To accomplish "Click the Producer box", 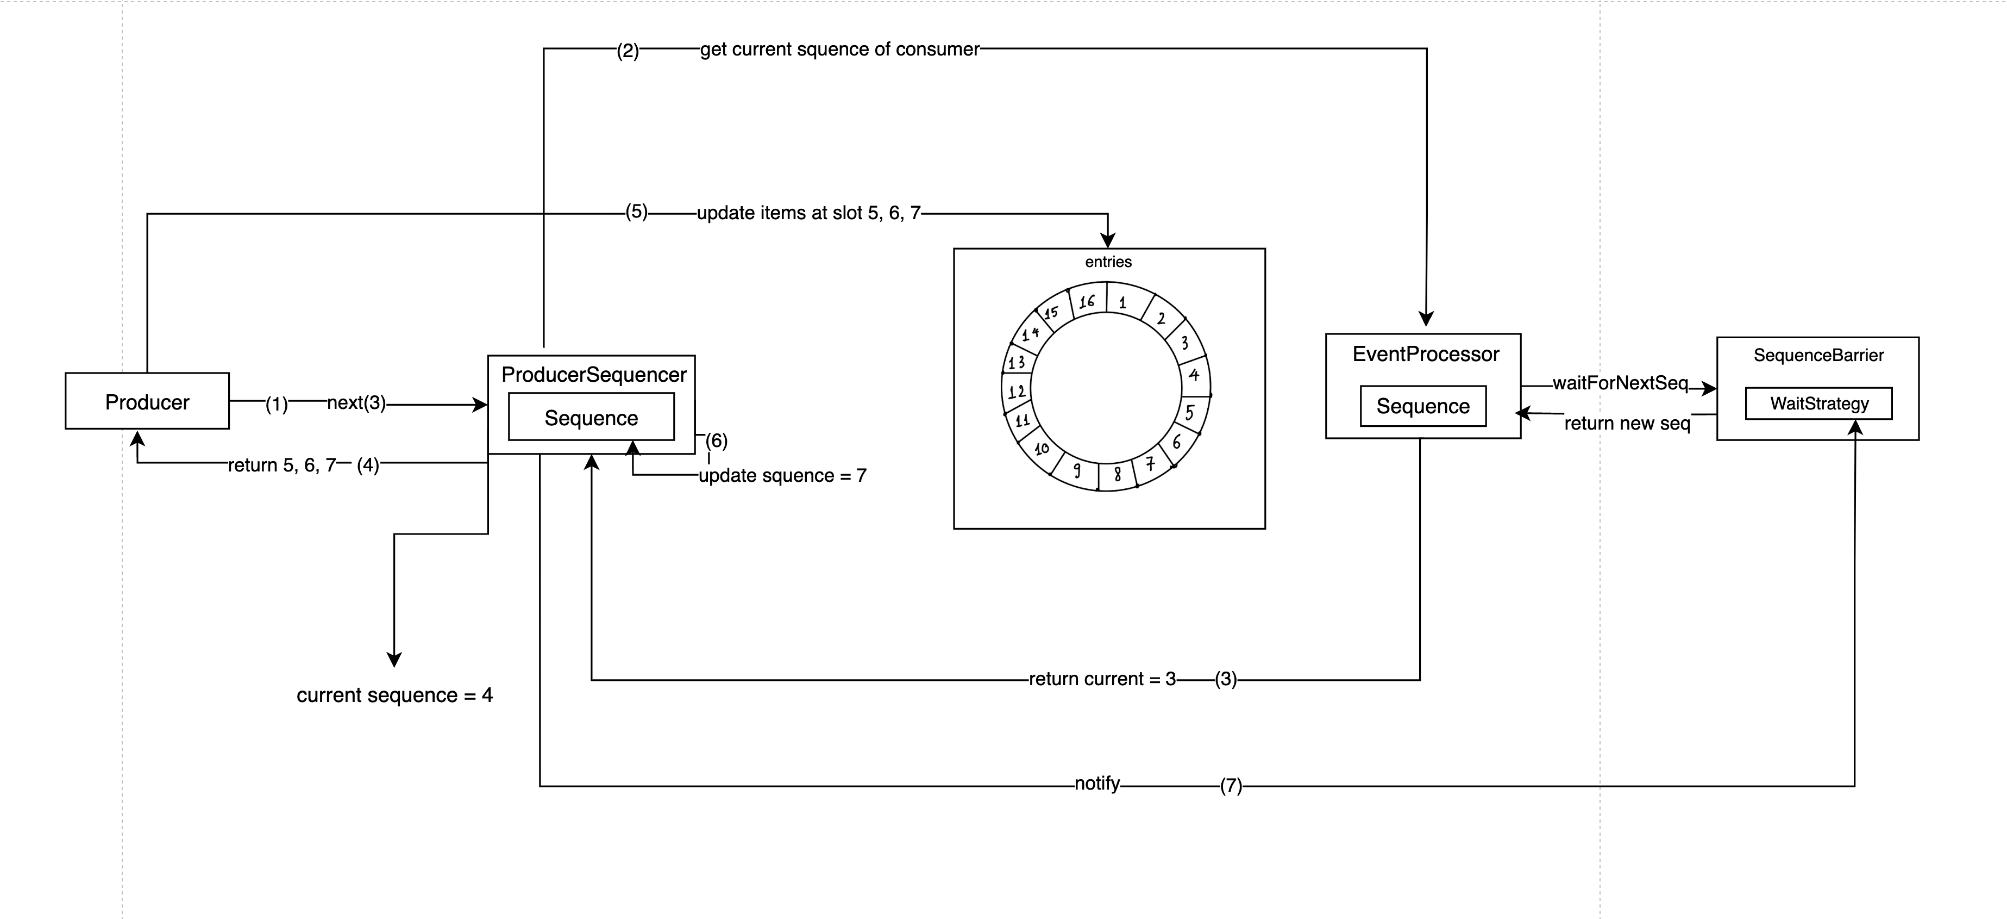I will [147, 401].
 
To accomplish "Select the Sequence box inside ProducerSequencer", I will [591, 418].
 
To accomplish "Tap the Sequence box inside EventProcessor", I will [1422, 406].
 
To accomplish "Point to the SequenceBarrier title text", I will [1818, 356].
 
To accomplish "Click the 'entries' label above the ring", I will [1108, 262].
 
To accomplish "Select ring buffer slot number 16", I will [1087, 302].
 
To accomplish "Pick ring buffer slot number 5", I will [1190, 412].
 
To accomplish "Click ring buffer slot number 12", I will [1017, 392].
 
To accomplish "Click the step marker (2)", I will [628, 52].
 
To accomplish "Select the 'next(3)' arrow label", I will [356, 403].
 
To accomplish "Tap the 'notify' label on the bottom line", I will [1097, 784].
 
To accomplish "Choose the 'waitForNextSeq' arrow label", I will [1620, 383].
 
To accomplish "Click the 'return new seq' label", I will [1627, 423].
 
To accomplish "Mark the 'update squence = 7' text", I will [782, 475].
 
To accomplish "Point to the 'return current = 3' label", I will [1102, 679].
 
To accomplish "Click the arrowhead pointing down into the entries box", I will [1108, 241].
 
